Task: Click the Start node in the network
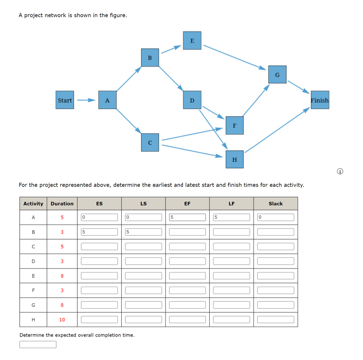coord(65,100)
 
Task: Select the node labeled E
coord(192,41)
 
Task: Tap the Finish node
coord(320,100)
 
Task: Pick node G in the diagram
coord(277,74)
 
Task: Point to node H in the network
coord(234,159)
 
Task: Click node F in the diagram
coord(234,126)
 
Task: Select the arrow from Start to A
coord(86,100)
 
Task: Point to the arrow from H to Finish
coord(277,130)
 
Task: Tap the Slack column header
coord(275,204)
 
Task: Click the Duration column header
coord(62,204)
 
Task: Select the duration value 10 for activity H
coord(62,319)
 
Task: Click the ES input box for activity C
coord(99,246)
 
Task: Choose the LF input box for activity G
coord(231,305)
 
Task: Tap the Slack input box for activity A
coord(275,217)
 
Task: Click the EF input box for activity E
coord(187,276)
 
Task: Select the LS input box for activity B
coord(143,232)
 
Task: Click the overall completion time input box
coord(38,345)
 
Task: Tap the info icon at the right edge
coord(340,172)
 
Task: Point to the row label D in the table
coord(33,261)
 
